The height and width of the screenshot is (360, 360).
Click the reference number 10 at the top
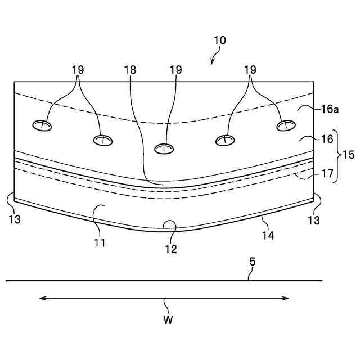pos(219,40)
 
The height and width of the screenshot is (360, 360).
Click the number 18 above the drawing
pos(130,70)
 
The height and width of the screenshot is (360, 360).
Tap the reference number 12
pos(171,248)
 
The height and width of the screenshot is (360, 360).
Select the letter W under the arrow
pos(168,320)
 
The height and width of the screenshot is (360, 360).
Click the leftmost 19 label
pos(78,70)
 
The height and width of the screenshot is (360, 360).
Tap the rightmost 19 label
pos(250,70)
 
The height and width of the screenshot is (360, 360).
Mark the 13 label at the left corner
pos(15,219)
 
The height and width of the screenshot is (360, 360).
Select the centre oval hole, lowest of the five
pos(164,148)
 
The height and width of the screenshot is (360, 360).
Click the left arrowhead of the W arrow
pos(40,298)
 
